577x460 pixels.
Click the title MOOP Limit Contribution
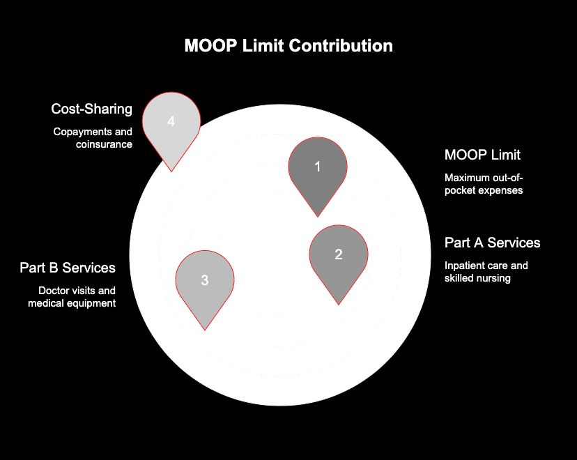[x=288, y=46]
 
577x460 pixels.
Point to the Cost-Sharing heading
[x=91, y=109]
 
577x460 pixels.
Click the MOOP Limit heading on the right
[x=482, y=155]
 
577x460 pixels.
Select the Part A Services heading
[x=493, y=243]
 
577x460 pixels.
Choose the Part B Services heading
[x=68, y=268]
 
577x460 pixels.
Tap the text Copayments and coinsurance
[x=93, y=138]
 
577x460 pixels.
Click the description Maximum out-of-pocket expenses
[x=484, y=183]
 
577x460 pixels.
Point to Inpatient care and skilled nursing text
[x=486, y=272]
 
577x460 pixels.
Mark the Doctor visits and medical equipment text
[x=77, y=297]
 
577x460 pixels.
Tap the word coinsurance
[x=105, y=144]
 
